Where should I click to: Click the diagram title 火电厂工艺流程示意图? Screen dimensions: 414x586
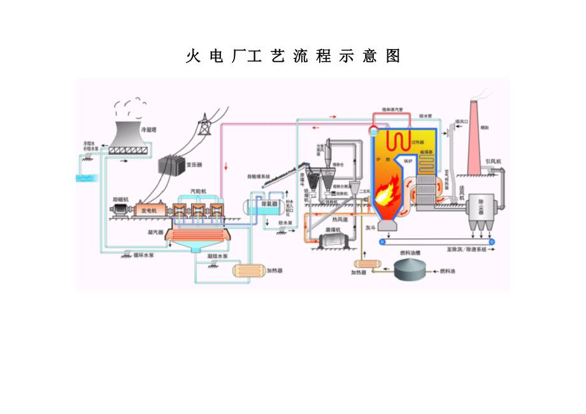coord(292,57)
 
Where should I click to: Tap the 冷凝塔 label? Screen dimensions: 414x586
coord(148,129)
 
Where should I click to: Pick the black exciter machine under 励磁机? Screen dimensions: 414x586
coord(119,210)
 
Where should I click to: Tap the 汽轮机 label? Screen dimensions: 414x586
coord(198,191)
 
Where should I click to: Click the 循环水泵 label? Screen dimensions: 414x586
coord(143,255)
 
